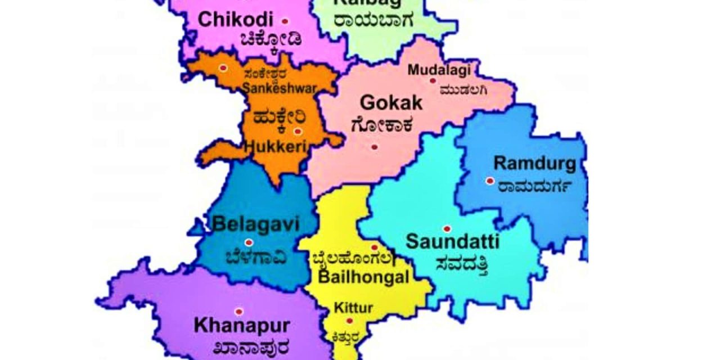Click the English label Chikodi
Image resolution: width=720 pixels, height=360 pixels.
[235, 20]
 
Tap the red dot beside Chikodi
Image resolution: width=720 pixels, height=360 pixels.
[285, 21]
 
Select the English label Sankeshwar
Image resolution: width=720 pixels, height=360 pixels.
[280, 88]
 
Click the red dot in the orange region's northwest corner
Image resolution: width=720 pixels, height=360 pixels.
[223, 68]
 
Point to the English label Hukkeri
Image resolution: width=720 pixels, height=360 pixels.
[276, 147]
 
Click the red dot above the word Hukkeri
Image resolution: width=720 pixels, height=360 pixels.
[298, 132]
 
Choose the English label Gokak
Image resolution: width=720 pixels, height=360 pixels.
[390, 103]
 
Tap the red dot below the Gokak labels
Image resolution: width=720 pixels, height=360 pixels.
[375, 147]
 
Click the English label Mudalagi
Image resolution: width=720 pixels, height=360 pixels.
[438, 70]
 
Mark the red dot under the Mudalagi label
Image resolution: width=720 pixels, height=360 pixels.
[433, 81]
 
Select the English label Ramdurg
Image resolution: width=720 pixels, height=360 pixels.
[534, 164]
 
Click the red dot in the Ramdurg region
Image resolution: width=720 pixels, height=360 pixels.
[490, 181]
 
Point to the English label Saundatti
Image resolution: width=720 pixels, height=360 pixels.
[452, 242]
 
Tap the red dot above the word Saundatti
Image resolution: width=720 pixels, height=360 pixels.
[447, 229]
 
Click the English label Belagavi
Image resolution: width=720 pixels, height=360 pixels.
[255, 224]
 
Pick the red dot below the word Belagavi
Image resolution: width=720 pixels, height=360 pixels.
[249, 242]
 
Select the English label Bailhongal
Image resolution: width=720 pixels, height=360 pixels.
[363, 277]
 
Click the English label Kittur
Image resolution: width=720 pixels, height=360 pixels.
[353, 308]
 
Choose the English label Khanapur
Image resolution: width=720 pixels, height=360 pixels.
[242, 325]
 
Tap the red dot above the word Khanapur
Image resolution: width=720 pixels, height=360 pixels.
[239, 312]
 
